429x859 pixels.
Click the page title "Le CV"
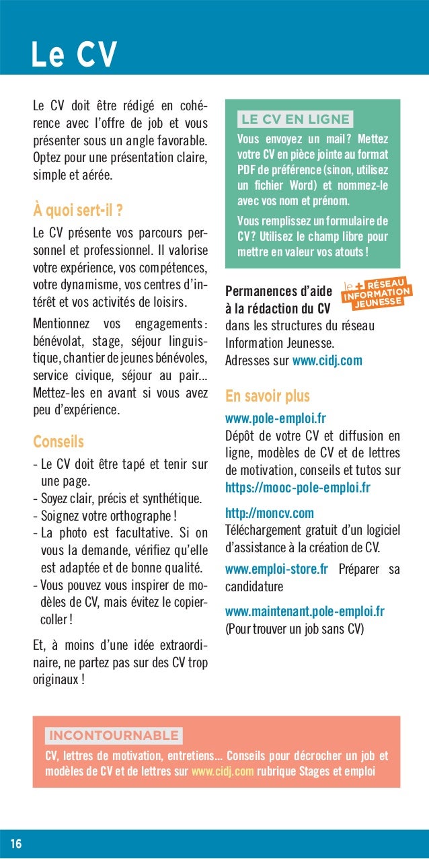tap(74, 54)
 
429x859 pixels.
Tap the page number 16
tap(15, 844)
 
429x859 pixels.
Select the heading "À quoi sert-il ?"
tap(77, 211)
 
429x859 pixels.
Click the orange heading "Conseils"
tap(58, 442)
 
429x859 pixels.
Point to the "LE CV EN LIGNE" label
tap(295, 120)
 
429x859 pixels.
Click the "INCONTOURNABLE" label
tap(114, 735)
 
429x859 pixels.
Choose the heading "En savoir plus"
tap(267, 396)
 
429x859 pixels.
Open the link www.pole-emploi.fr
tap(276, 419)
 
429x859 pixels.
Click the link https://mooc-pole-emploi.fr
tap(297, 487)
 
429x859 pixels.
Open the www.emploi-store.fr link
tap(276, 570)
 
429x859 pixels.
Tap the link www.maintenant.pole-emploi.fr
tap(305, 611)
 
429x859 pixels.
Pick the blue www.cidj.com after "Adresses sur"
tap(327, 361)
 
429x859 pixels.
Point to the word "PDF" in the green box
tap(247, 167)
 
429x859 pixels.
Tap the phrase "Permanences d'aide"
tap(278, 292)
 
